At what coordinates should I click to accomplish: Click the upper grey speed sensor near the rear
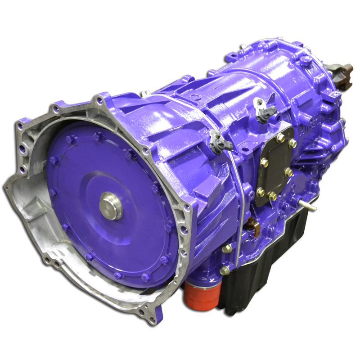[261, 110]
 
